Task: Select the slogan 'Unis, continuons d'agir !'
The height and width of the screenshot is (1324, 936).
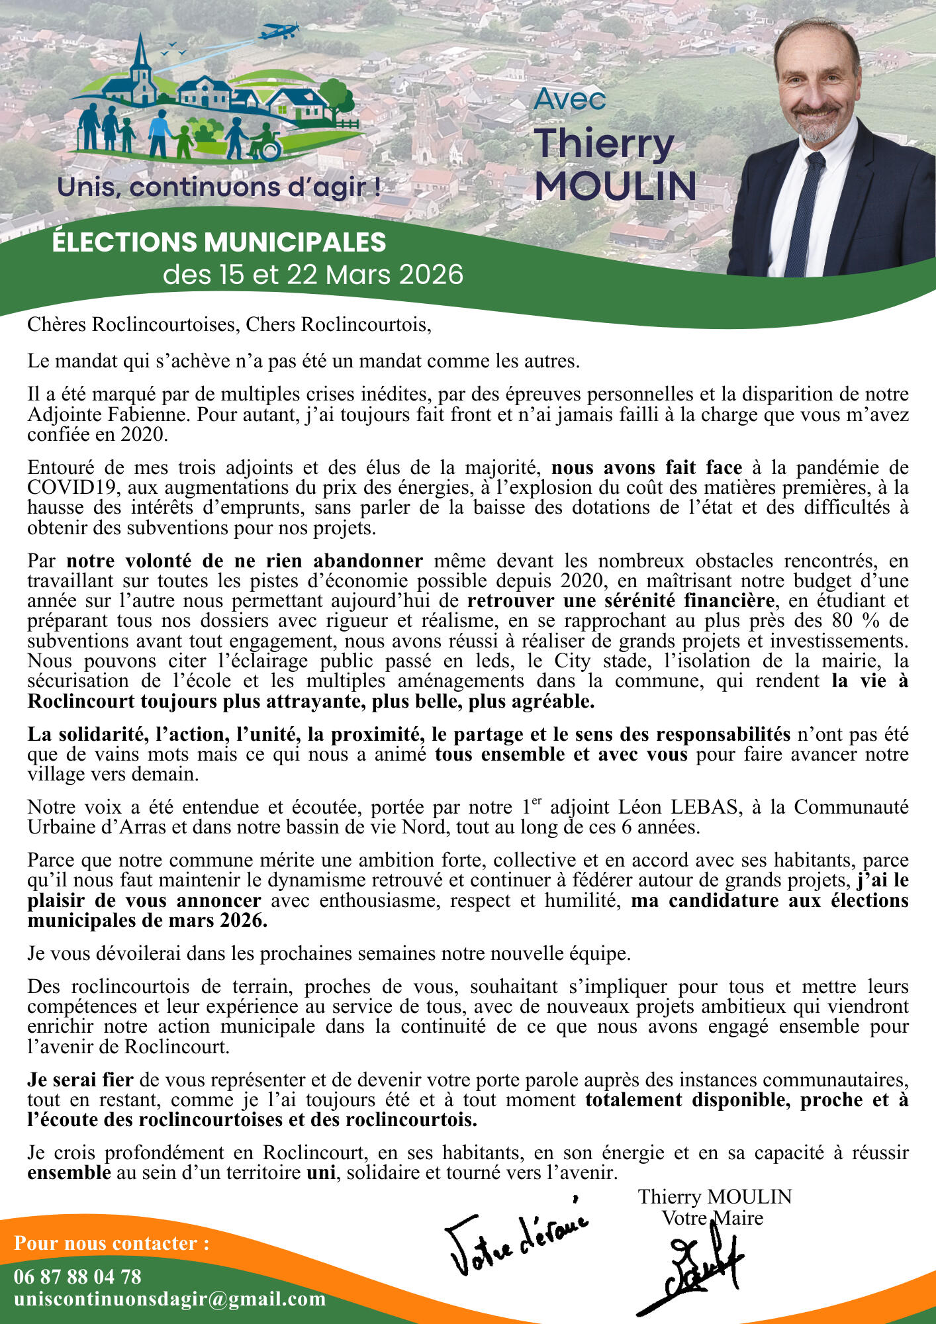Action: coord(219,187)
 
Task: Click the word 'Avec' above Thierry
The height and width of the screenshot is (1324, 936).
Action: coord(569,99)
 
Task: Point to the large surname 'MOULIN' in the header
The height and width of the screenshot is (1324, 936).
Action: coord(615,187)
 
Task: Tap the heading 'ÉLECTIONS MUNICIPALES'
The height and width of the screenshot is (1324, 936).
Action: coord(219,242)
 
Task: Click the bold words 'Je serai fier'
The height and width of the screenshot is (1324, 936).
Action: coord(80,1080)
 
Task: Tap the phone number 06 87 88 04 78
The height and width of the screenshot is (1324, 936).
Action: coord(77,1277)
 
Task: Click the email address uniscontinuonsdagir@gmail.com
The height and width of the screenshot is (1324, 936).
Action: coord(169,1299)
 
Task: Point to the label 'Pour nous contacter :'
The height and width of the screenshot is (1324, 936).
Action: coord(111,1243)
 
